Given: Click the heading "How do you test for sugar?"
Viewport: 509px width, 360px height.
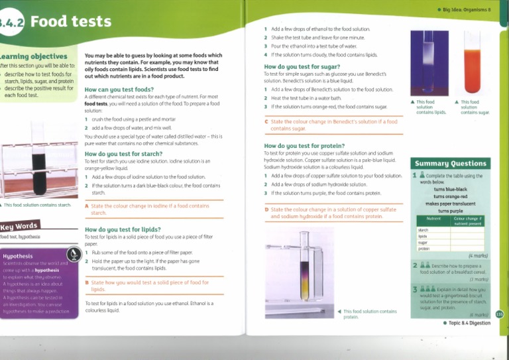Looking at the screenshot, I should coord(302,67).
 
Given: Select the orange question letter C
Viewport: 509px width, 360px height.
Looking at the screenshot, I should coord(266,122).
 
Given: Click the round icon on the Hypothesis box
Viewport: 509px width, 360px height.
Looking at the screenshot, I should coord(74,254).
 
